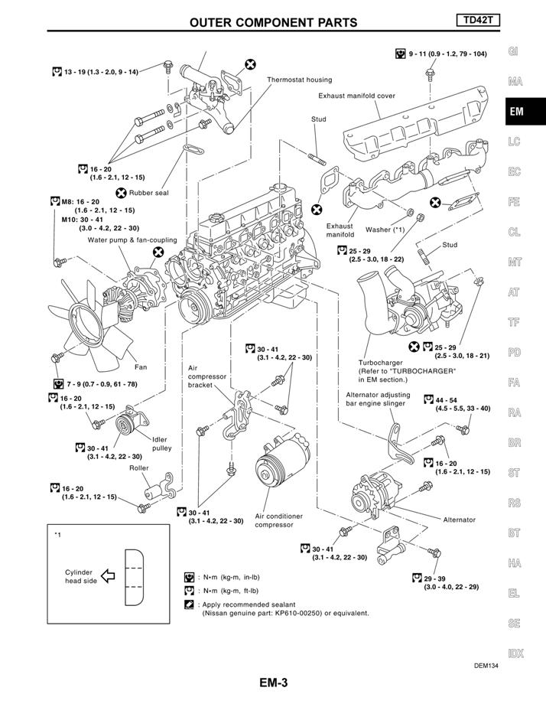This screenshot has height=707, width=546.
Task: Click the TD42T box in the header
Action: (478, 20)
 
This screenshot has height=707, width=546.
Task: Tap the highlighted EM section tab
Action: (517, 112)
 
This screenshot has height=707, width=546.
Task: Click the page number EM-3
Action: (273, 683)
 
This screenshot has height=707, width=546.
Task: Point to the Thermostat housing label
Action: (299, 80)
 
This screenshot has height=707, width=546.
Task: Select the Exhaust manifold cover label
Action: (356, 96)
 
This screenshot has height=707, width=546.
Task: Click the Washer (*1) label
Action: (385, 229)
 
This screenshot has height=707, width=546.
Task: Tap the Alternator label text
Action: (459, 520)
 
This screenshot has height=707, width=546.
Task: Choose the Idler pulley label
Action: (161, 444)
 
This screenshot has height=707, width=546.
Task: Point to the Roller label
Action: (138, 468)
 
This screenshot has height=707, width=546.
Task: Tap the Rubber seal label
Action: (148, 193)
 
